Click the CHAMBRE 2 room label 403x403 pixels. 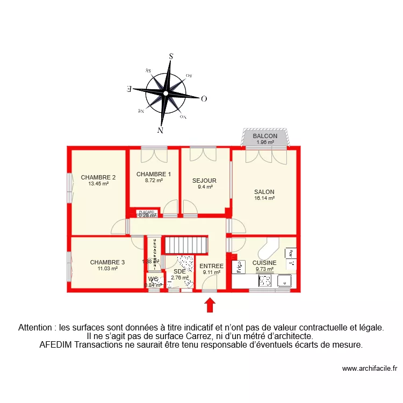click(x=98, y=177)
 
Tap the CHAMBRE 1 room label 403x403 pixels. click(x=153, y=174)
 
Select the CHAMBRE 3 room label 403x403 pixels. click(x=107, y=262)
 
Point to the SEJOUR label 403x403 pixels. click(x=204, y=181)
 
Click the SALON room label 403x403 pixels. click(x=264, y=192)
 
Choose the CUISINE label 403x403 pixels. click(x=264, y=263)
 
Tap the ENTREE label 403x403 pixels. click(x=211, y=266)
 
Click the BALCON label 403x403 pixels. click(x=265, y=136)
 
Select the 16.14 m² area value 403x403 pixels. click(x=264, y=198)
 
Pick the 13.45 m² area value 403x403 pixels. click(x=98, y=184)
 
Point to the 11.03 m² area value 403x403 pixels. click(x=107, y=268)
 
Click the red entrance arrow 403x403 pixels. click(x=210, y=305)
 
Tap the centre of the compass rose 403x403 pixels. click(x=165, y=93)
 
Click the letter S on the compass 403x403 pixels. click(x=171, y=56)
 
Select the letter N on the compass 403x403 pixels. click(x=160, y=130)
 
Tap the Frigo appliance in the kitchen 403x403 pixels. click(x=235, y=267)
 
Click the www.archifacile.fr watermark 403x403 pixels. click(x=369, y=369)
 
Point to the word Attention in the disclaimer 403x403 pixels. click(x=37, y=327)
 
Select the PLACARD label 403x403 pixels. click(x=147, y=212)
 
